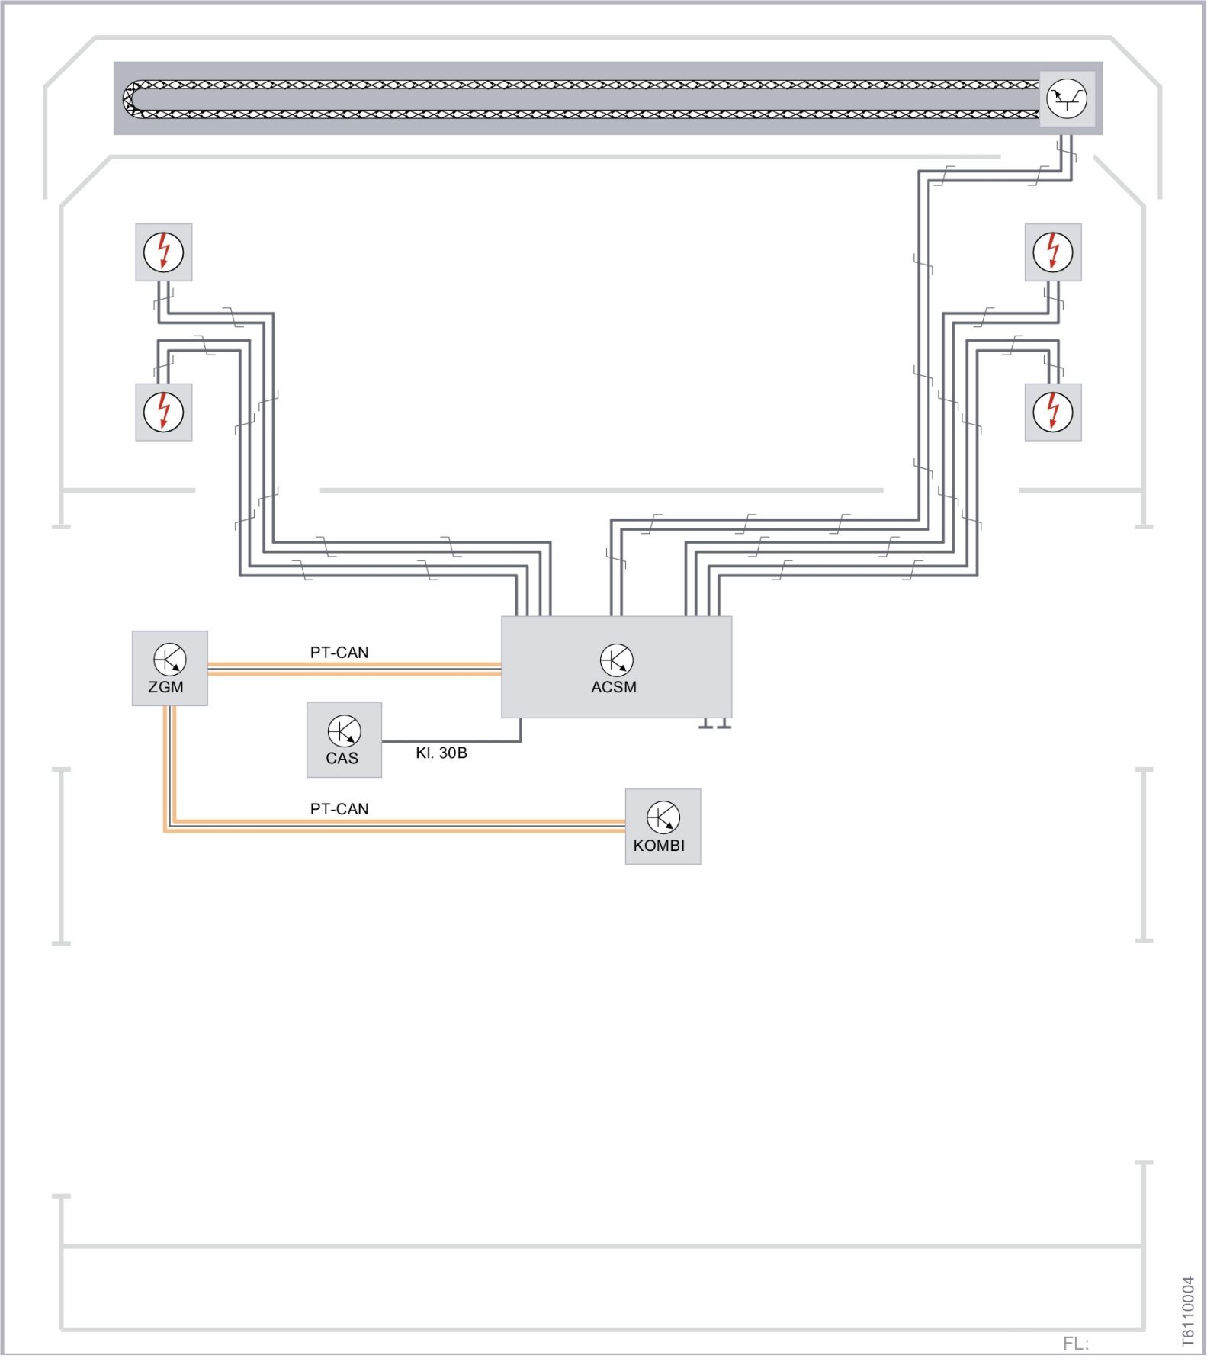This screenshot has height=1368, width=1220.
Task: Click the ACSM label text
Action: pos(613,687)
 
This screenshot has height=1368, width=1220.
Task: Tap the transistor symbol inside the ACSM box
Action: pos(616,660)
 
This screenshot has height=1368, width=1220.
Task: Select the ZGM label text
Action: pos(165,687)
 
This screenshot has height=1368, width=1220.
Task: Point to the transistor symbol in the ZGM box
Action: pos(169,659)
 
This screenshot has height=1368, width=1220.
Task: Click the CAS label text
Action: pos(342,759)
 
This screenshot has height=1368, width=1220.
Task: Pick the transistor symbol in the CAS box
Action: pos(344,731)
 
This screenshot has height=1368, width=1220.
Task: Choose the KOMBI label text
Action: pos(659,846)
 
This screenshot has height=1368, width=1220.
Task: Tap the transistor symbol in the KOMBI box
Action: pos(663,817)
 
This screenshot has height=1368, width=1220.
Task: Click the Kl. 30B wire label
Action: pos(441,753)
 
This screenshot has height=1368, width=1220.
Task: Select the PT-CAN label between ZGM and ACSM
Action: pos(339,653)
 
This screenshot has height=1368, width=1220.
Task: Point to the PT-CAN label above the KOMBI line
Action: pos(339,809)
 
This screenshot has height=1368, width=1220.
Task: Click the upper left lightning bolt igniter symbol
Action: pos(163,252)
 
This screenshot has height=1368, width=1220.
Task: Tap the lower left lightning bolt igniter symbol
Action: pos(163,412)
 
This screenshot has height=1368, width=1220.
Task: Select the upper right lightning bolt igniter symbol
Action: pos(1052,252)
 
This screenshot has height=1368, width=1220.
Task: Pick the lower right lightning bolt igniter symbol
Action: pos(1052,412)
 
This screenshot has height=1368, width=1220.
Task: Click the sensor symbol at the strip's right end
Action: pos(1066,98)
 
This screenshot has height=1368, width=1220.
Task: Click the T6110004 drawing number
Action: pos(1188,1312)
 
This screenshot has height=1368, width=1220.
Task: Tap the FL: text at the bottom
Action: pos(1075,1344)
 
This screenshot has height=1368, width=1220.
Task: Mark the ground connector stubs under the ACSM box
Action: pos(714,723)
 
